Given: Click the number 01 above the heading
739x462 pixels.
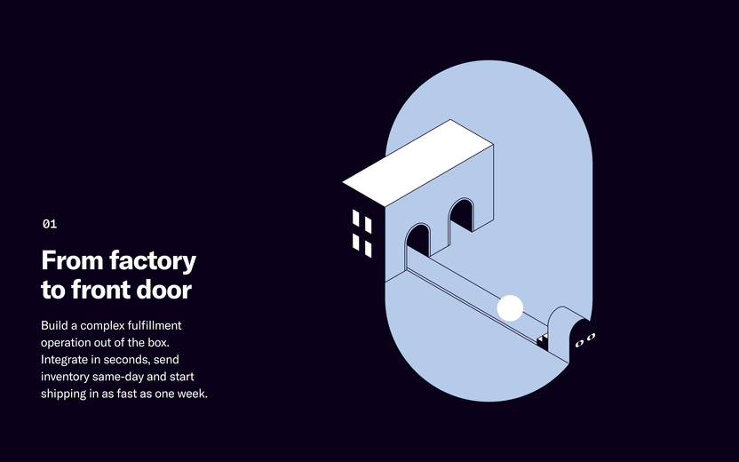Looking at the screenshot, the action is point(50,224).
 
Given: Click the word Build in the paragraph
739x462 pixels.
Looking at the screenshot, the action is point(54,325).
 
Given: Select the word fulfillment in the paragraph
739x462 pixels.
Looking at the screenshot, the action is point(155,325).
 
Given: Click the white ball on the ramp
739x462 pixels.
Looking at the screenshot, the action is point(510,308).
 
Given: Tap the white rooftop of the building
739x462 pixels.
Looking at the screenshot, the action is point(418,163).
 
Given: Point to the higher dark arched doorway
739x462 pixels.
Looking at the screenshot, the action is point(461,215).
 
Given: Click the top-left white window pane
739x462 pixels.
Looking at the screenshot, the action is point(356,218).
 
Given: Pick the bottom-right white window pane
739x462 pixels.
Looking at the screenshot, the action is point(368,249).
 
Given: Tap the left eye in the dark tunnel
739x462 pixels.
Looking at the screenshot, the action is point(580,343).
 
